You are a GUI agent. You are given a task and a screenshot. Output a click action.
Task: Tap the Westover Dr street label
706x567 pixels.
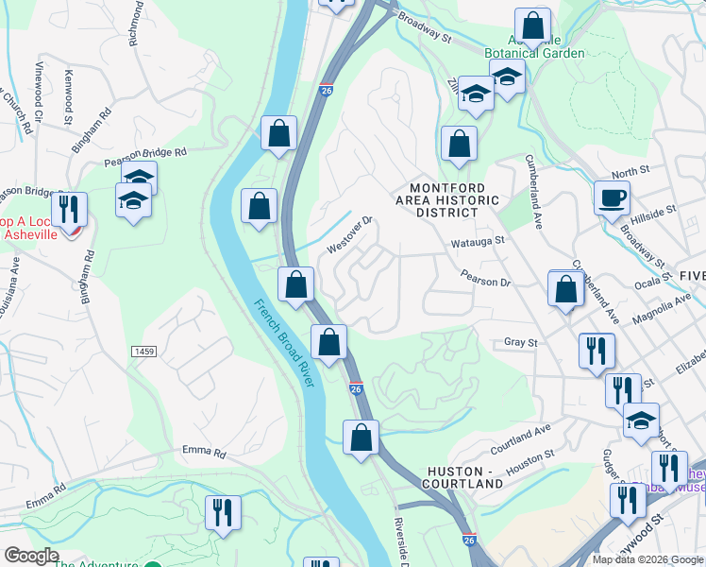click(350, 234)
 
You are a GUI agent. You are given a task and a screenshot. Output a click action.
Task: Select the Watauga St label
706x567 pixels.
click(481, 241)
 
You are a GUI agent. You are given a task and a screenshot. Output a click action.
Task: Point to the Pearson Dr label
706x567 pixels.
click(485, 280)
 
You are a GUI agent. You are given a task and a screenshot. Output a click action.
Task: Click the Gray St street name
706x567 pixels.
click(520, 342)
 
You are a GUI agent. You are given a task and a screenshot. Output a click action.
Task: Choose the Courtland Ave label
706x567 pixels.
click(520, 433)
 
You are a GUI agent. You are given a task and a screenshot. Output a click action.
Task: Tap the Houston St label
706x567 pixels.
click(529, 459)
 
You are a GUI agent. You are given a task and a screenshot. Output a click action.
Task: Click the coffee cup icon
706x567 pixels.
click(612, 198)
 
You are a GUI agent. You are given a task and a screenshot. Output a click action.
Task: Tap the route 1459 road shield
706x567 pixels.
click(144, 351)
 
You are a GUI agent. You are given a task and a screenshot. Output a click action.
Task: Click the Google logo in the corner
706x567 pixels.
click(32, 556)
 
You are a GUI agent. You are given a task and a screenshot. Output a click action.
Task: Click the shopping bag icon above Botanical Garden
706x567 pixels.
click(532, 26)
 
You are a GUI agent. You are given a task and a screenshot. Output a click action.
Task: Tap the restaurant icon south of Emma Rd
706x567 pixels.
click(223, 513)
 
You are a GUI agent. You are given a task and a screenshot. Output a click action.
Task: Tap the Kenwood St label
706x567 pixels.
click(68, 96)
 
